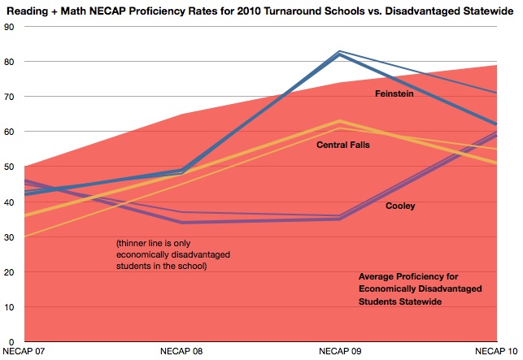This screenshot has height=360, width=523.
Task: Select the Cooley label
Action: [x=400, y=206]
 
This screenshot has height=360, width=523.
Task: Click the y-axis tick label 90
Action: [x=10, y=27]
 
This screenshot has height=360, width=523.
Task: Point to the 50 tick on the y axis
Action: [x=10, y=167]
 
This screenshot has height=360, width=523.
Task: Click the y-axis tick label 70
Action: [x=10, y=97]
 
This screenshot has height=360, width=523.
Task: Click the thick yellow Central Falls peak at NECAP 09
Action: [x=339, y=121]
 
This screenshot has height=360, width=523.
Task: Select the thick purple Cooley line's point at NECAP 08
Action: [x=182, y=222]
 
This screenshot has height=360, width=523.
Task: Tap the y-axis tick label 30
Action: [x=10, y=237]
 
